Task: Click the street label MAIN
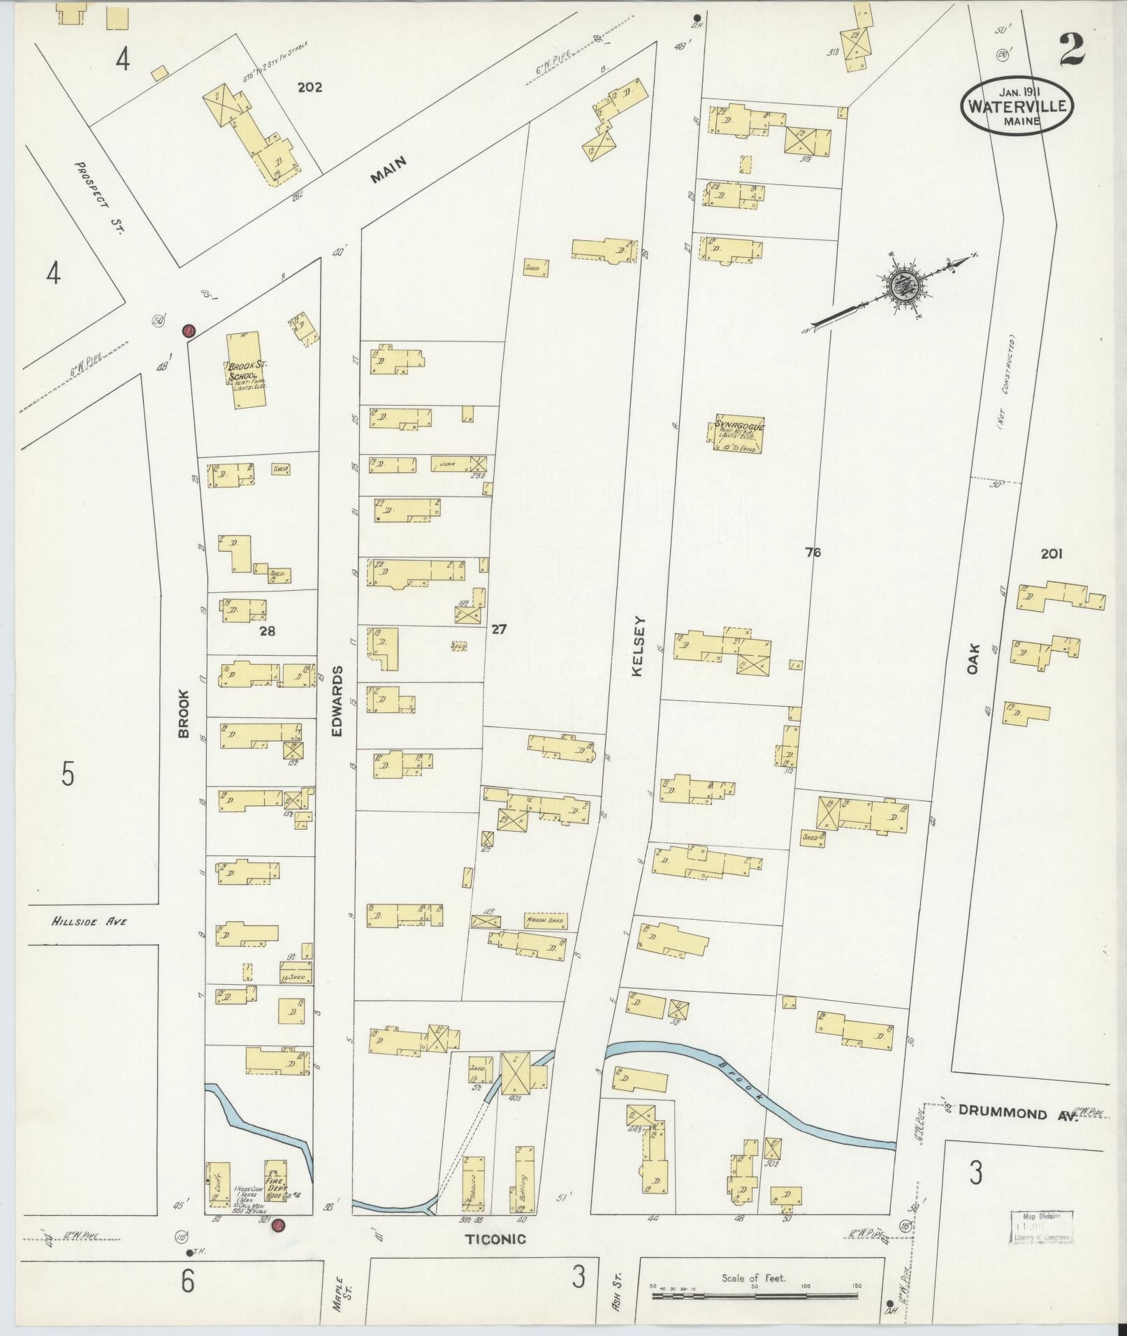click(388, 170)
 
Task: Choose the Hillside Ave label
click(89, 922)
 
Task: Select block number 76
click(813, 552)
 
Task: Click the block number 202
click(310, 87)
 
